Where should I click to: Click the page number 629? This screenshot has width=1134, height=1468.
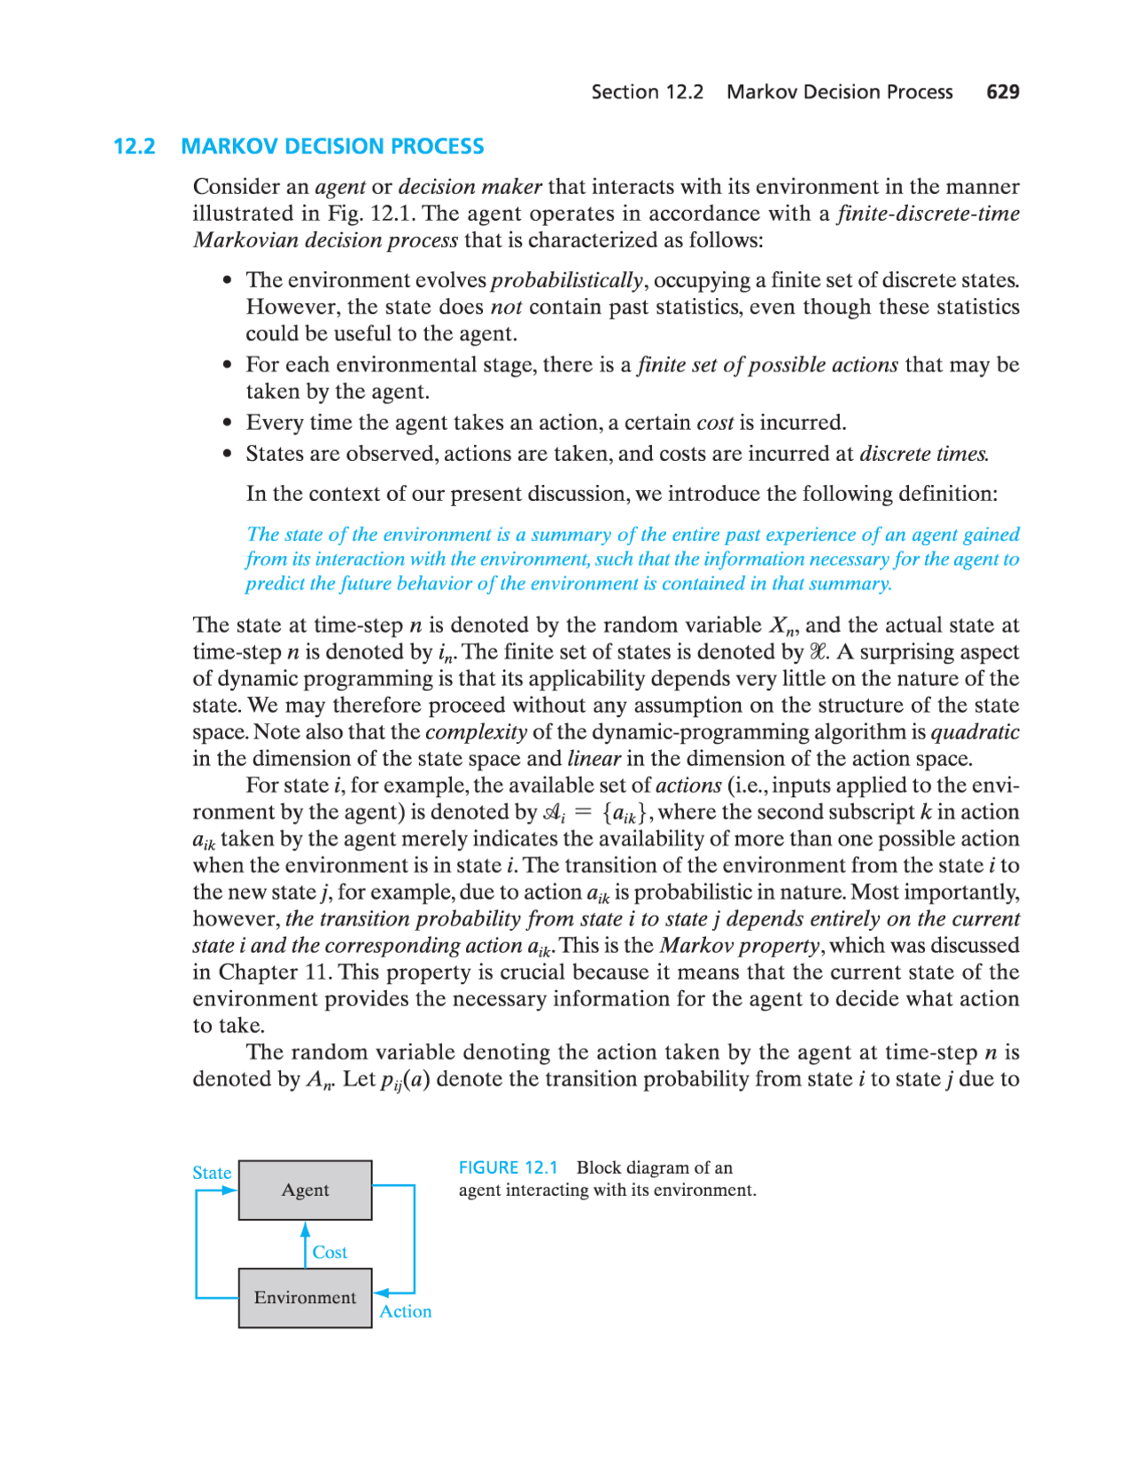[1003, 92]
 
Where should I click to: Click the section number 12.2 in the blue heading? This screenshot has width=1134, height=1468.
[135, 146]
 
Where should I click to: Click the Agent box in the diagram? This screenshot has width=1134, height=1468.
[305, 1190]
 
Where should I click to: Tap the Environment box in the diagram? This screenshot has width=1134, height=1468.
[305, 1298]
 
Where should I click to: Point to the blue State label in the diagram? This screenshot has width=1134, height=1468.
[212, 1173]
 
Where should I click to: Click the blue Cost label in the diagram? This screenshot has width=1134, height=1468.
[330, 1253]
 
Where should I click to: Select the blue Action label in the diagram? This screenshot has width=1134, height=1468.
[405, 1312]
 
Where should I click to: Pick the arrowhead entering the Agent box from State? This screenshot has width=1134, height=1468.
[229, 1191]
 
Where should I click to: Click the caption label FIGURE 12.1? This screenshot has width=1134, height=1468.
[508, 1167]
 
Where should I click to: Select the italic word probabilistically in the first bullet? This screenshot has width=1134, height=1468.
[567, 280]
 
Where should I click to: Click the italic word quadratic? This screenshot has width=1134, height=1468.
[975, 732]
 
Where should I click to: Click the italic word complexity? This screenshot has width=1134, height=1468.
[476, 732]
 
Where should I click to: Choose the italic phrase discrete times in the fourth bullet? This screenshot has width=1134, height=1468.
[923, 454]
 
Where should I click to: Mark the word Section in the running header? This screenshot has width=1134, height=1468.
[625, 92]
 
